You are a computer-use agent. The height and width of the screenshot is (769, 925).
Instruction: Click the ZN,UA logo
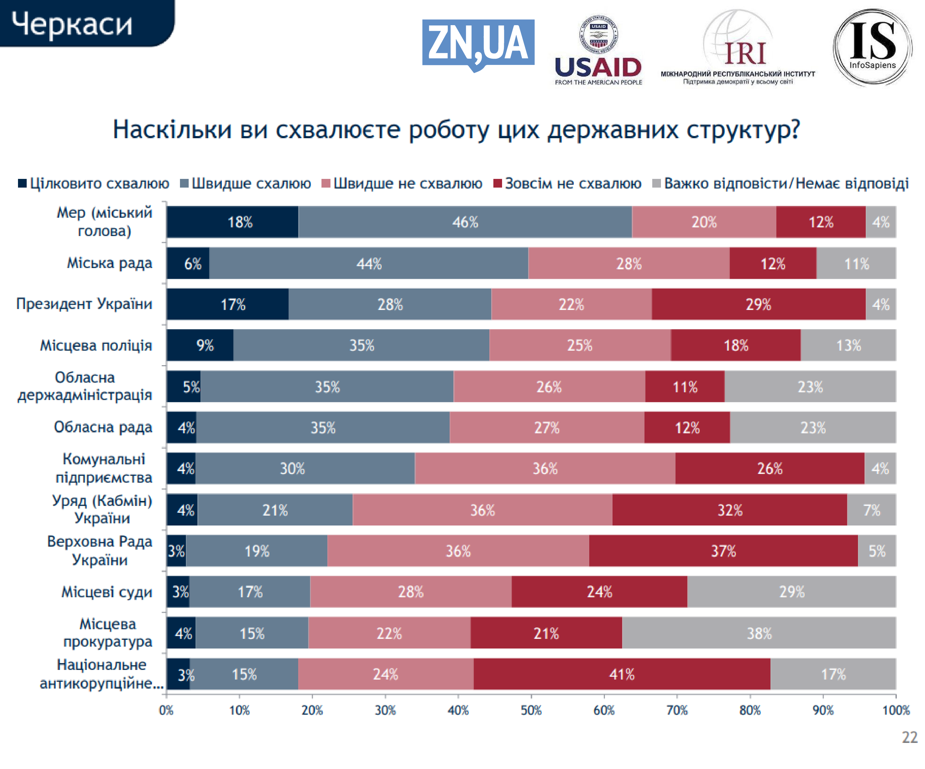click(478, 44)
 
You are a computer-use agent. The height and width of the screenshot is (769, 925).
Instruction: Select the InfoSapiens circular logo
click(872, 47)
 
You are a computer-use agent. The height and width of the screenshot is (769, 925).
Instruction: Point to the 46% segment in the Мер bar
click(465, 222)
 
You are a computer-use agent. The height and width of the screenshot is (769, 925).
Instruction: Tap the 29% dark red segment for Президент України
click(758, 304)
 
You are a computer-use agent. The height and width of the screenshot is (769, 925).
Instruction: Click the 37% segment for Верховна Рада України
click(723, 551)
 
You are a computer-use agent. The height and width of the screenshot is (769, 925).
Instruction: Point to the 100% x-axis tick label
click(896, 710)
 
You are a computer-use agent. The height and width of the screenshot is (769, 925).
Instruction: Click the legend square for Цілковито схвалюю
click(22, 183)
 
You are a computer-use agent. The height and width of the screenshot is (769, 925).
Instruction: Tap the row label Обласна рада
click(103, 427)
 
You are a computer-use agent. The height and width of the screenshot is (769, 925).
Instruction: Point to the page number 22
click(909, 737)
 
